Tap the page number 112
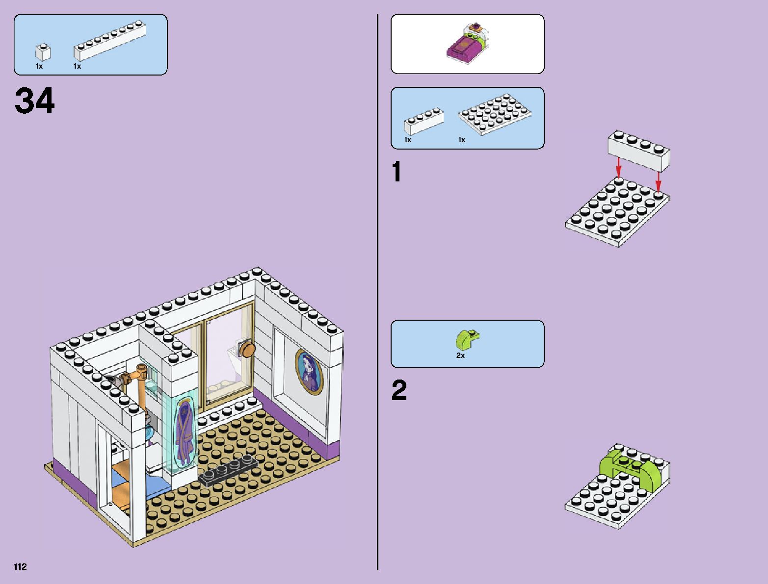click(20, 567)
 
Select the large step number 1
click(397, 173)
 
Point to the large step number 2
click(399, 391)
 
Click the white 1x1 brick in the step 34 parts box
click(43, 52)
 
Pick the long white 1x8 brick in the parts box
click(110, 41)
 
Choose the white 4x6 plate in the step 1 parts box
click(495, 114)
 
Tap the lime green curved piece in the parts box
click(467, 339)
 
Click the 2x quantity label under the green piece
click(460, 355)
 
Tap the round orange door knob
click(247, 349)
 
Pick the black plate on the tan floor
click(229, 471)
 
